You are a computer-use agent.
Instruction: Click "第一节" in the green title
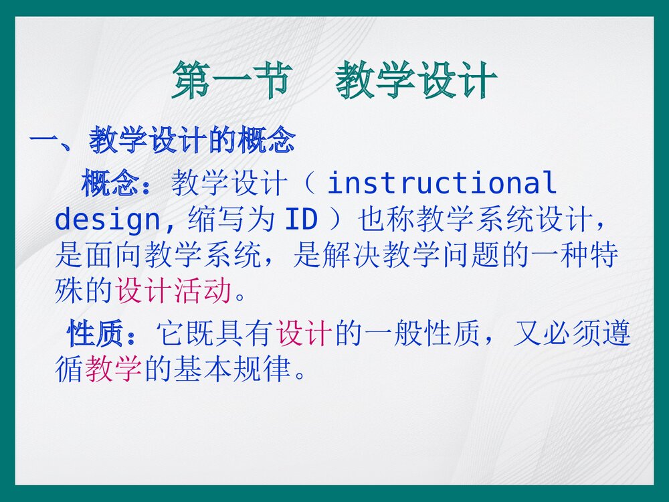[x=231, y=81]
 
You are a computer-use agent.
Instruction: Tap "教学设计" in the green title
[x=416, y=81]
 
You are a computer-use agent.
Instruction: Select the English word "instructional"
[x=442, y=183]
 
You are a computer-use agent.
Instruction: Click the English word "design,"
[x=116, y=219]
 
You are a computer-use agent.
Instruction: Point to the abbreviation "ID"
[x=301, y=219]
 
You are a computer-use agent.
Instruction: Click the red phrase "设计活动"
[x=173, y=290]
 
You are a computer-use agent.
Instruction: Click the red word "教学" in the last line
[x=113, y=369]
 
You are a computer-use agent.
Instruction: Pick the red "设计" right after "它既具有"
[x=304, y=334]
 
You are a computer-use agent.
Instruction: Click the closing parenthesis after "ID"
[x=335, y=219]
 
